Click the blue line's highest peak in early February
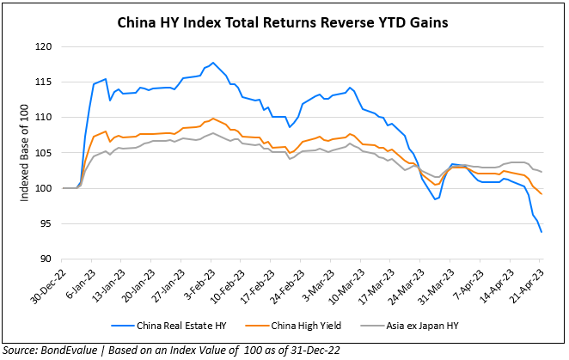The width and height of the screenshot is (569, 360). tap(213, 63)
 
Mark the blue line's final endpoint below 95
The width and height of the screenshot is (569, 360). tap(541, 232)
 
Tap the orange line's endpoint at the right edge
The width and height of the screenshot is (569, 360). tap(541, 194)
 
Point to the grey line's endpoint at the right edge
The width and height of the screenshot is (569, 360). tap(541, 171)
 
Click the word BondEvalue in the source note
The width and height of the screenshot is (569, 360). tap(68, 351)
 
